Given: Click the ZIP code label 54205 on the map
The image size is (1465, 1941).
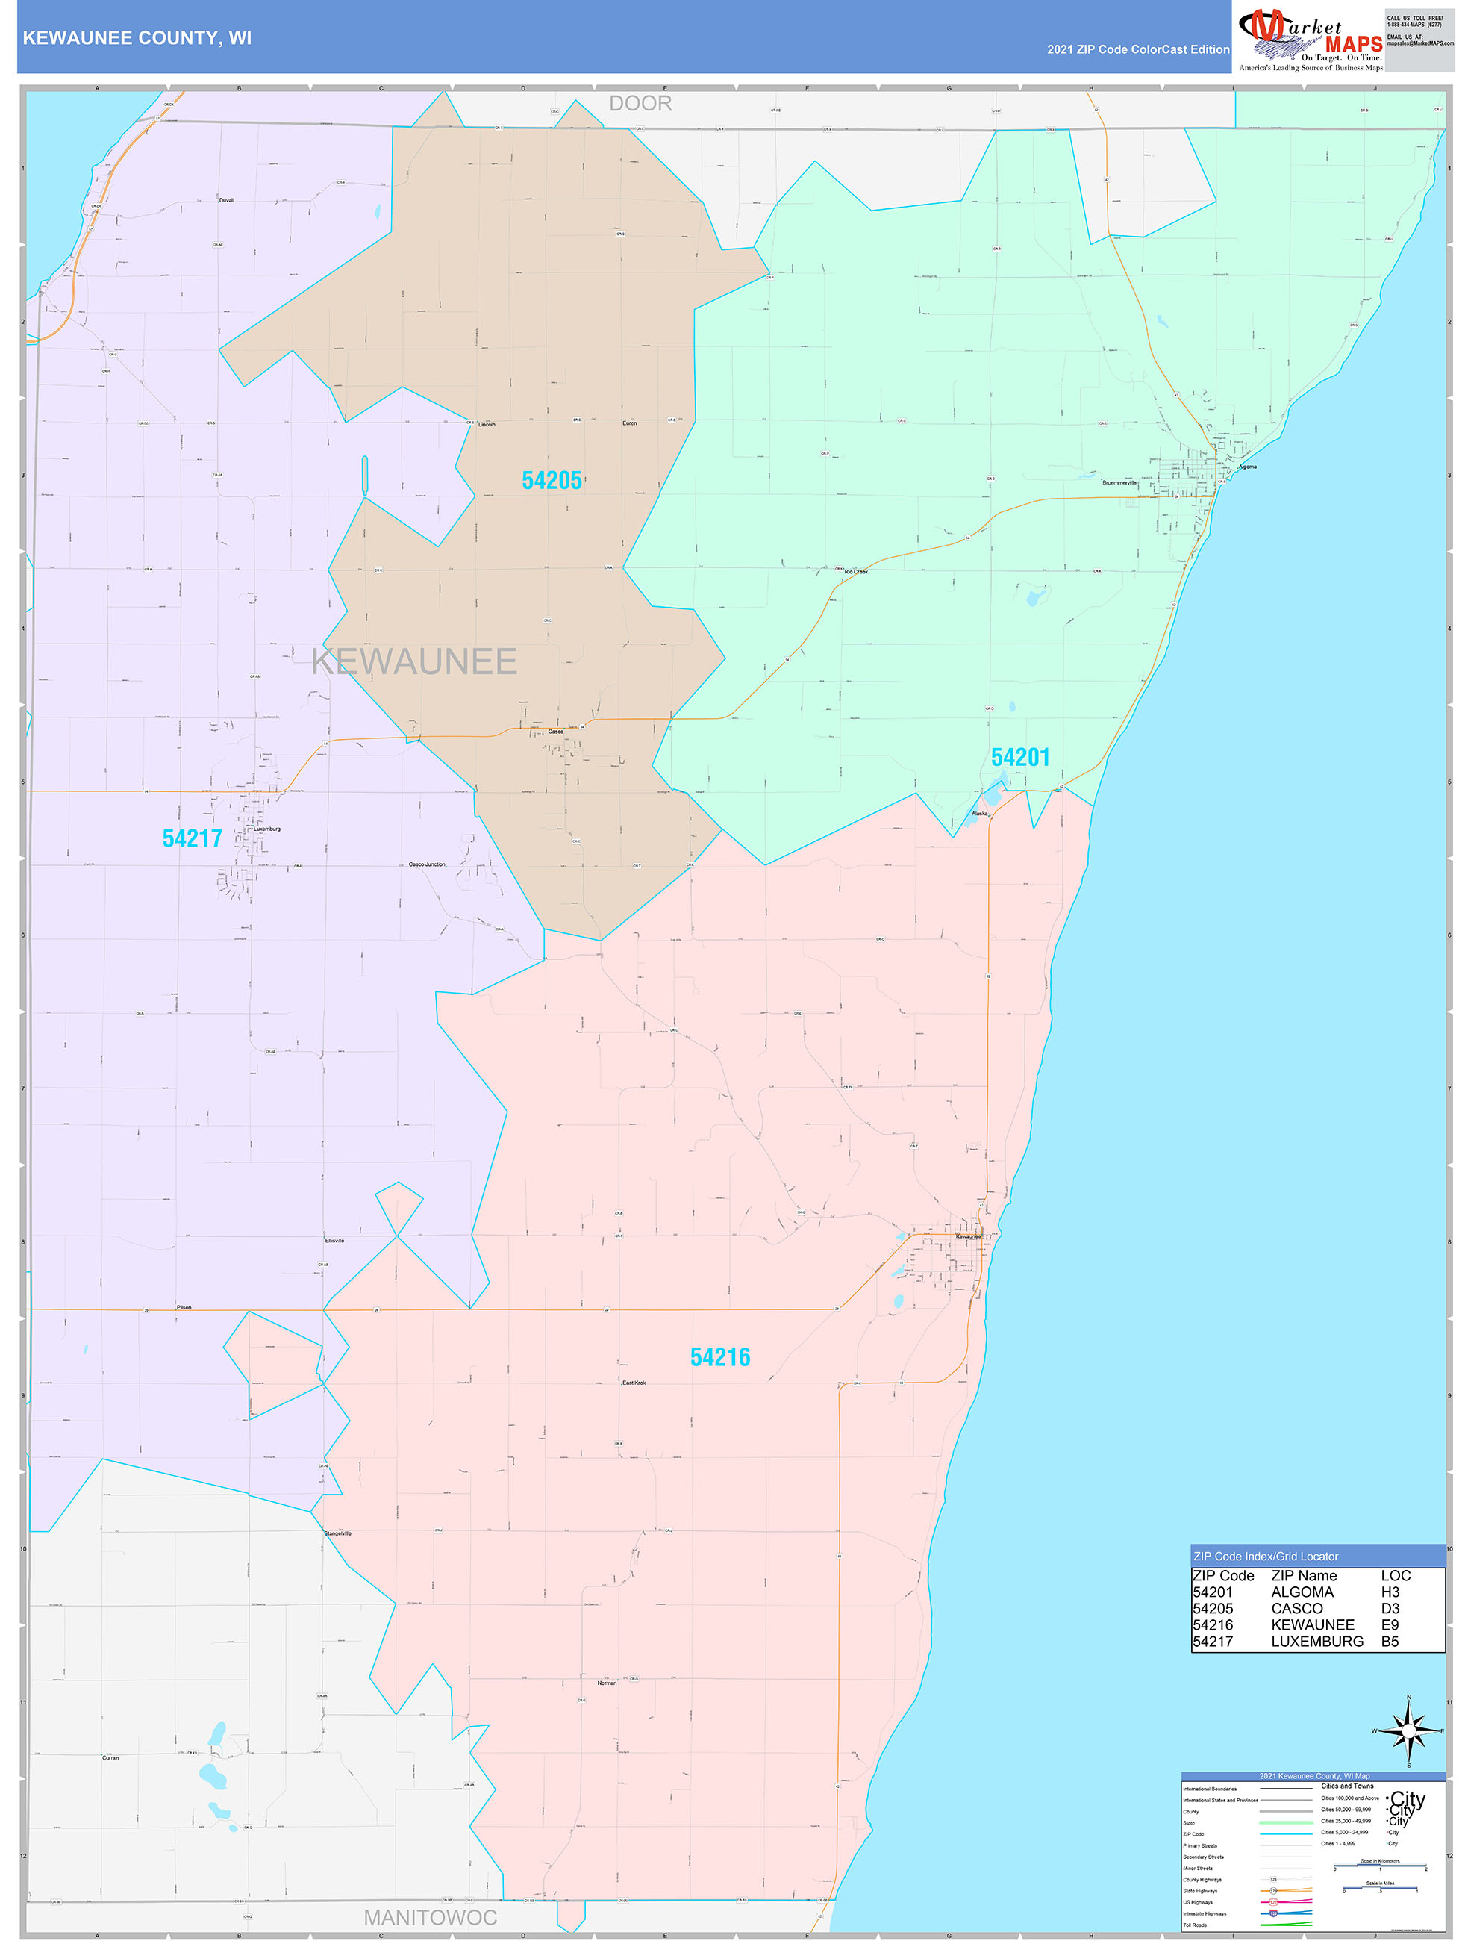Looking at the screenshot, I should tap(552, 481).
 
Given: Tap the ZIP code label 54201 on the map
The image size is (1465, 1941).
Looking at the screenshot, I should tap(1019, 757).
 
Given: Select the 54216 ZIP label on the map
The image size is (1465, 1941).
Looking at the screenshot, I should tap(720, 1357).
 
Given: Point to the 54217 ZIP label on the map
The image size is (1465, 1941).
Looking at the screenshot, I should tap(192, 839).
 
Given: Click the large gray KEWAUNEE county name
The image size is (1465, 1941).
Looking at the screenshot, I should tap(414, 662).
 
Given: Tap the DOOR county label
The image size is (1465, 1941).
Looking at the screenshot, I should tap(640, 104).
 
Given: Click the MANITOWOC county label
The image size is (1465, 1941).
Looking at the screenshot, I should tap(430, 1918).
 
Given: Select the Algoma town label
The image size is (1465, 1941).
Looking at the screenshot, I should tap(1247, 467).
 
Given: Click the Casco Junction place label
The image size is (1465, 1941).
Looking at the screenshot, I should tap(427, 864).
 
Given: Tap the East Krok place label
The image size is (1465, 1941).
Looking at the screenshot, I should tap(634, 1383).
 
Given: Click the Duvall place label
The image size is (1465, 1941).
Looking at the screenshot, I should tap(226, 200).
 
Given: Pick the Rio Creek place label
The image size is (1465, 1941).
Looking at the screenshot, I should tap(855, 571).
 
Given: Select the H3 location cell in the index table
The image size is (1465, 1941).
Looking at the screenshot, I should tap(1390, 1592).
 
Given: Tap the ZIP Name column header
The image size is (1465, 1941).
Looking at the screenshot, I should tap(1304, 1576).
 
